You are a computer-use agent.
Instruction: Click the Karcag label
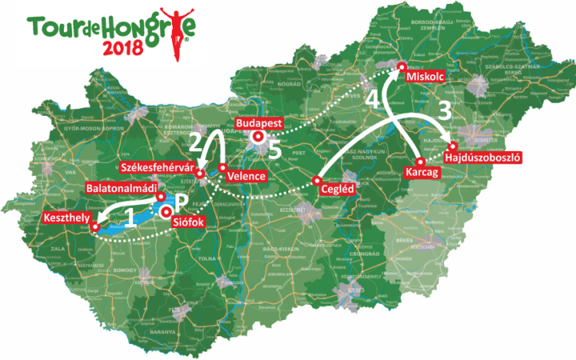pos(423,174)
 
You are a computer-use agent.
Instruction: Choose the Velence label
pos(247,177)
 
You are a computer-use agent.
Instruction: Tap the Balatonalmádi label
pos(121,187)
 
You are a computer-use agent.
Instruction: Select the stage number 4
pos(372,99)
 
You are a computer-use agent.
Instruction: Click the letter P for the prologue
pos(181,203)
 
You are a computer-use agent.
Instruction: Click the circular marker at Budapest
pos(258,137)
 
